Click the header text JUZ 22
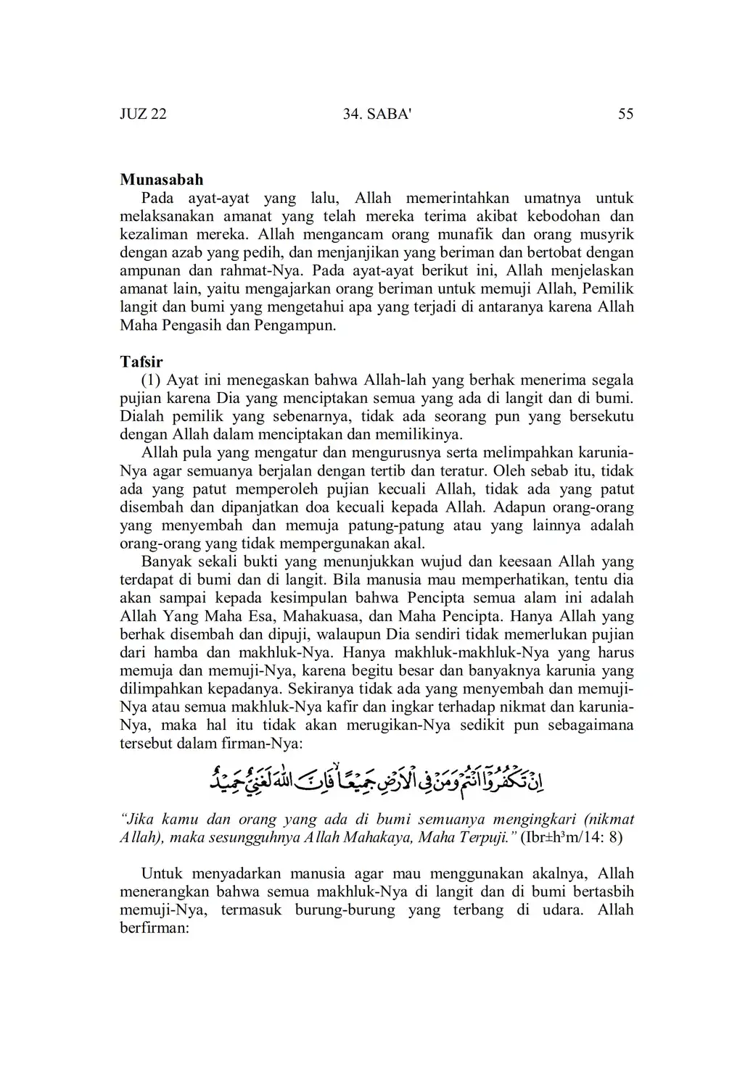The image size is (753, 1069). point(143,114)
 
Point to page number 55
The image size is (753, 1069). point(625,114)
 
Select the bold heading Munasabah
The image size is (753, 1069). point(161,180)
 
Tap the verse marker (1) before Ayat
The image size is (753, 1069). point(151,380)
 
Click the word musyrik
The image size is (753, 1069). point(606,234)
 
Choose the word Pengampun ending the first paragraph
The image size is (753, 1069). point(295,325)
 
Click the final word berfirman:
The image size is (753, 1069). point(154,928)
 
